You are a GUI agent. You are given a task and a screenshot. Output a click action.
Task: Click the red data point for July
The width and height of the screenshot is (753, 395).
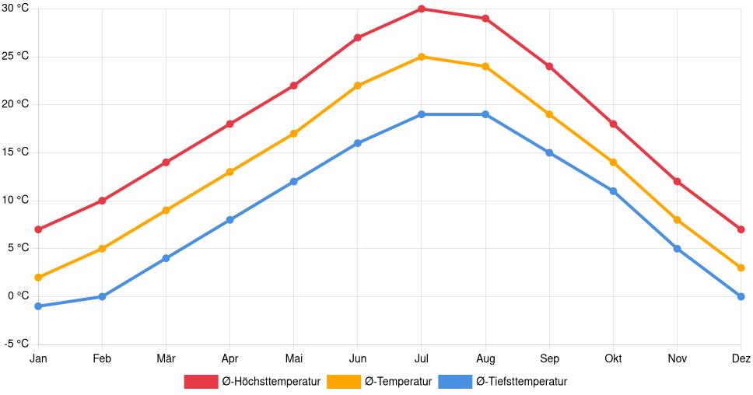tap(422, 9)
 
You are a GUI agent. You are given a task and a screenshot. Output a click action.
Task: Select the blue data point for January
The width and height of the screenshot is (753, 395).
tap(38, 306)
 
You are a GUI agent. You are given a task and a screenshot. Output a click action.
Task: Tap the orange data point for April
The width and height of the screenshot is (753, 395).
tap(229, 172)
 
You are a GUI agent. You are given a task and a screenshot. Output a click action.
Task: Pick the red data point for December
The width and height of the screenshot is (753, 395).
tap(741, 229)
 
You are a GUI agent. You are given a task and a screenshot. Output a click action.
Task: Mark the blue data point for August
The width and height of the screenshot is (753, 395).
tap(485, 114)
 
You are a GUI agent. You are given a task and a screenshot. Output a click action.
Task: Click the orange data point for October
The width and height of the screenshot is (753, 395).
tap(613, 163)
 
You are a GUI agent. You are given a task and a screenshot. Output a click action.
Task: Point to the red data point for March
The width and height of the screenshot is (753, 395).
tap(166, 163)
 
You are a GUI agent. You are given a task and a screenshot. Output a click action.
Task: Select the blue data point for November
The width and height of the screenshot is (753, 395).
tap(677, 249)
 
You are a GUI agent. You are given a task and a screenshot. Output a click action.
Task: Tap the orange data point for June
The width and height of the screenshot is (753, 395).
tap(358, 86)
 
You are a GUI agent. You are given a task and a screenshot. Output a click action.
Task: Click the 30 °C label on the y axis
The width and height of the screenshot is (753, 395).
tap(15, 9)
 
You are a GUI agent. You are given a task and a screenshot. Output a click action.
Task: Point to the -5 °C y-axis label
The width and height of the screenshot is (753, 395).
tap(15, 344)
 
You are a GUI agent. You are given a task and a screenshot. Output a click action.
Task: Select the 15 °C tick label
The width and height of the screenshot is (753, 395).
tap(15, 152)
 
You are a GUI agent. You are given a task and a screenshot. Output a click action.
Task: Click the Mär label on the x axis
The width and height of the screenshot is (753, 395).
tap(166, 358)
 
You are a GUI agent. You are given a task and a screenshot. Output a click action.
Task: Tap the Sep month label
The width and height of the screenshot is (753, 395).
tap(549, 358)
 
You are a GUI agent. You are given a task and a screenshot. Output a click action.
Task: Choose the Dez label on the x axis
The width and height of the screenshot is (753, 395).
tap(741, 358)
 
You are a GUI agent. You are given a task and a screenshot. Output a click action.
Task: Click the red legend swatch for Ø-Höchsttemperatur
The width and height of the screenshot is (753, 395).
tap(201, 381)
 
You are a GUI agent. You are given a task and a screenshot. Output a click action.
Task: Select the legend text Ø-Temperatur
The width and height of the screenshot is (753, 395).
tap(398, 381)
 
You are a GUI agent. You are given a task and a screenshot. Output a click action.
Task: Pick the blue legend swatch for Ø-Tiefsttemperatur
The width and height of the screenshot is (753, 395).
tap(455, 381)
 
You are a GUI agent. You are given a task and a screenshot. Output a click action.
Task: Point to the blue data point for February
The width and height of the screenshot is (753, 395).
tap(102, 296)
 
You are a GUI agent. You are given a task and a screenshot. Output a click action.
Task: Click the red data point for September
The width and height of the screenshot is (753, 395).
tap(549, 66)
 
